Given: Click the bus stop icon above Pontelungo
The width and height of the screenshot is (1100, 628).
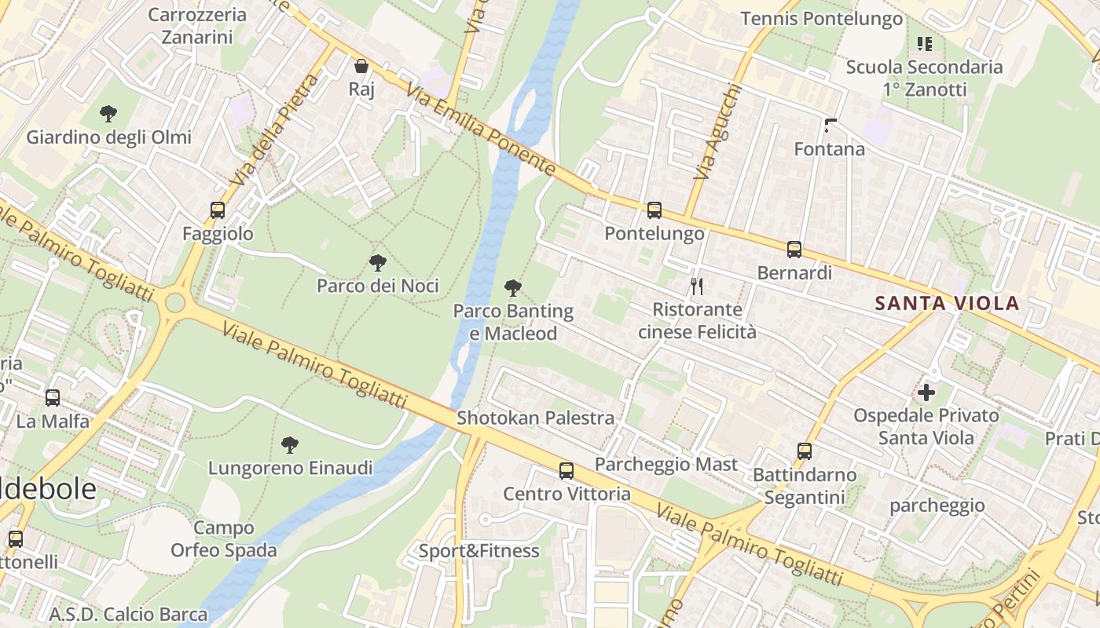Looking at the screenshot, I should point(654,210).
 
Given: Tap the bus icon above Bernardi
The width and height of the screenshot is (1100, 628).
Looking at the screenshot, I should point(794,250).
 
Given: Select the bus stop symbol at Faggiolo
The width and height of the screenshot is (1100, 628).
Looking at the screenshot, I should point(218,210).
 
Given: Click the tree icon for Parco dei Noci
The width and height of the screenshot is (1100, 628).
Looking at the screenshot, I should point(378,262).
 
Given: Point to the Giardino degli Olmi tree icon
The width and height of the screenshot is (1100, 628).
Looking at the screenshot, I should point(108,114).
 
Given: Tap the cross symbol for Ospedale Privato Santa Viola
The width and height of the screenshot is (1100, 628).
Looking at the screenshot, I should point(926,392).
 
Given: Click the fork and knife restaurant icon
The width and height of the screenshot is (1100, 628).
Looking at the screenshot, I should point(696,286).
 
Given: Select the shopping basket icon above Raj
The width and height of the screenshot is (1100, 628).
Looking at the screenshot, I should point(361,66).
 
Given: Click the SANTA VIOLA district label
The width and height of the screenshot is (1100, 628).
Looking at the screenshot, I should point(947,303).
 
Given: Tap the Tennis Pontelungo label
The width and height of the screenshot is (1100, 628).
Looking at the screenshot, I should point(822,19).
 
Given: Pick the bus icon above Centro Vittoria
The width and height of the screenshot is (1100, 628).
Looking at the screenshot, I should point(566,471).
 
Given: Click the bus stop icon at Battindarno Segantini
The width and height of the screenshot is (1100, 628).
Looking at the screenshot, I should point(804,451).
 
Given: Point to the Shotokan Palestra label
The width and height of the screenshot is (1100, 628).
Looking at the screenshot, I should point(535,418).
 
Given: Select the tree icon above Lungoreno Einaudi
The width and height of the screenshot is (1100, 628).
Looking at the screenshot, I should point(290,445).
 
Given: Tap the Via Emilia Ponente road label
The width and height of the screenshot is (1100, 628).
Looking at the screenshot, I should point(482,130).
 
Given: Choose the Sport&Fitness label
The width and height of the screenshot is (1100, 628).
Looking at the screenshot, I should point(478,551).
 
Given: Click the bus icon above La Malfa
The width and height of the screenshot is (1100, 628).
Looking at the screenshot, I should point(53,398).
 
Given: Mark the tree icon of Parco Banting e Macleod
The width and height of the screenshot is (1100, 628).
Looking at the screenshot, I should point(513,288).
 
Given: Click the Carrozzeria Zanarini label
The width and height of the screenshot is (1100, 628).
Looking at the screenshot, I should point(196,25).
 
